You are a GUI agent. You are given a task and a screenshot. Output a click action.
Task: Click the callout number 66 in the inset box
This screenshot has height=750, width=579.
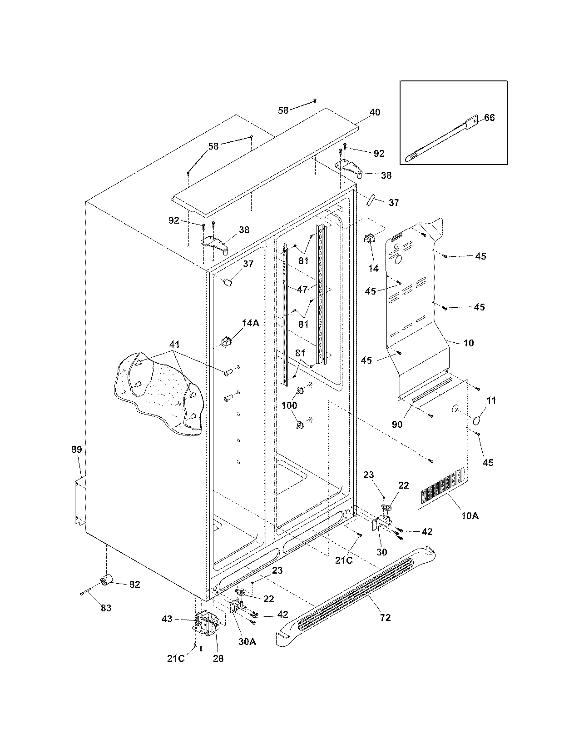tap(489, 118)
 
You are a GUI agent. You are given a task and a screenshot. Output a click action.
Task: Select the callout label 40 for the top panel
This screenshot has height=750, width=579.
tap(375, 112)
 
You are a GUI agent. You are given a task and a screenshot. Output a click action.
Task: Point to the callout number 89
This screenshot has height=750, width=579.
tap(76, 450)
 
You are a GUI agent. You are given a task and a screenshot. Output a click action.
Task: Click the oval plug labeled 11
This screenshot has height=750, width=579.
tap(477, 420)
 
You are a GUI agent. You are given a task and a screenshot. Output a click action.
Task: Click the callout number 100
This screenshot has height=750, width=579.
tap(289, 405)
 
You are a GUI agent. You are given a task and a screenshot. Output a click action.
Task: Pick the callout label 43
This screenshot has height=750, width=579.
tap(167, 619)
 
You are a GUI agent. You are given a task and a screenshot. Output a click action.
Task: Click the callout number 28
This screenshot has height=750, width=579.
tap(218, 659)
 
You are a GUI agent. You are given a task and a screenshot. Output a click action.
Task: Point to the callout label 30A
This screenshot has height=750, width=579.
tap(247, 642)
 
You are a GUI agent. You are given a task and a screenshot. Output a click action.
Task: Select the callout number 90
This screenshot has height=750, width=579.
tap(397, 424)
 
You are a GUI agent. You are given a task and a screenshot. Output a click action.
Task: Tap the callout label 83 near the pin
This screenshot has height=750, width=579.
tap(106, 608)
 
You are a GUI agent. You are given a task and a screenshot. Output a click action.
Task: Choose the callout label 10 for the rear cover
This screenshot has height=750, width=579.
tap(468, 343)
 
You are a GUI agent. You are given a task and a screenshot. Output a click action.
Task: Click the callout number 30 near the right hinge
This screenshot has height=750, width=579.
tap(381, 552)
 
